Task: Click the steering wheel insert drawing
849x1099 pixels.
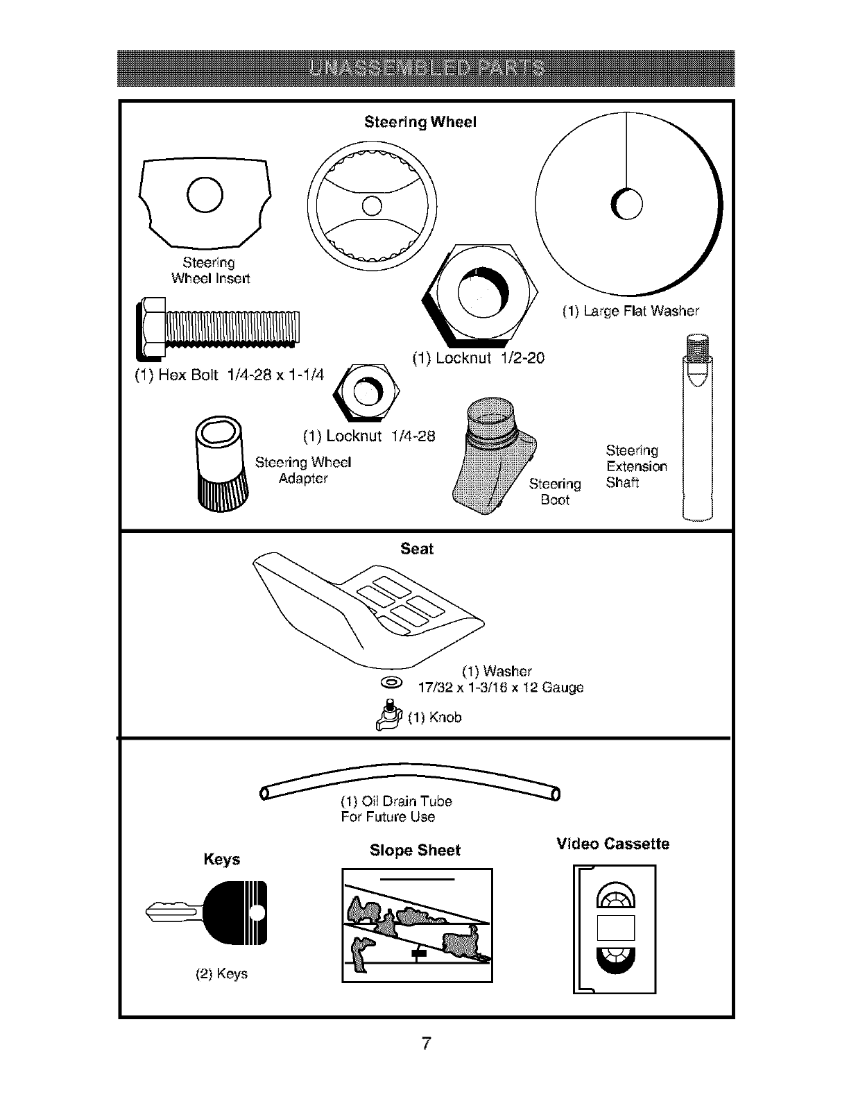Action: tap(206, 204)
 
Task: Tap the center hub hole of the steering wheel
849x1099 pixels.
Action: tap(372, 206)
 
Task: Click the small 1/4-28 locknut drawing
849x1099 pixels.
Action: tap(364, 392)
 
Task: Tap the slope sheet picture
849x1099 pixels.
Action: tap(417, 925)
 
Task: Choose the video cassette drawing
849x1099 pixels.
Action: tap(615, 928)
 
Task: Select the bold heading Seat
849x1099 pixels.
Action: tap(417, 549)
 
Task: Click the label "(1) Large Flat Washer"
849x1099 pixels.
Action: tap(631, 312)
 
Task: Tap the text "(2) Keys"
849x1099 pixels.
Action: tap(222, 974)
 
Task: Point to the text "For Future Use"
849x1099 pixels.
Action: tap(388, 817)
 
